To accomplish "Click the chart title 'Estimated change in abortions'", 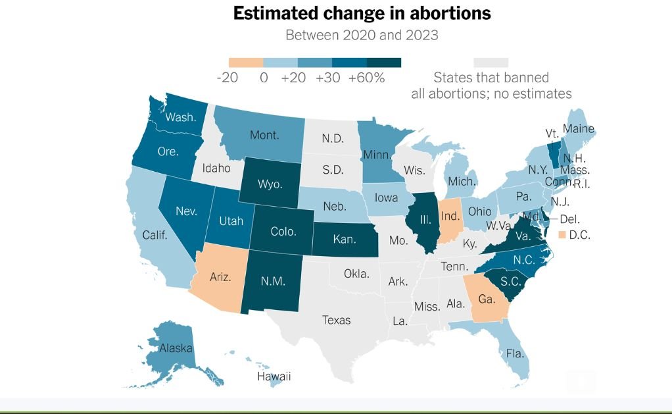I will click(362, 14).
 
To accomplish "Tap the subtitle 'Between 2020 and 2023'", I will click(362, 34).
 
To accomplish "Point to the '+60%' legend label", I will click(367, 78).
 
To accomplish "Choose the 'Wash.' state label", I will click(180, 117).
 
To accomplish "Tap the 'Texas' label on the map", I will click(336, 321).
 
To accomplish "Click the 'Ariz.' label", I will click(220, 277).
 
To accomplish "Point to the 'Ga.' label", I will click(487, 299).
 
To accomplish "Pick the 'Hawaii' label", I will click(274, 377).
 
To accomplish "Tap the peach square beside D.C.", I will click(562, 235).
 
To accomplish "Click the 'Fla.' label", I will click(516, 353).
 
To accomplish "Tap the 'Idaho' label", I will click(216, 168).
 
